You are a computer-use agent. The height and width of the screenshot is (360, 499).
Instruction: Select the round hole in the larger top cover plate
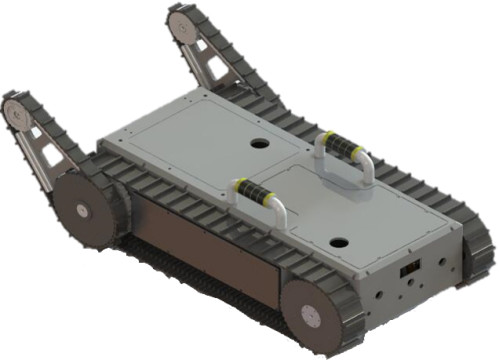pyautogui.click(x=259, y=143)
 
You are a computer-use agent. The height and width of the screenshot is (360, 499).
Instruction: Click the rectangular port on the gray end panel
pyautogui.click(x=407, y=269)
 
